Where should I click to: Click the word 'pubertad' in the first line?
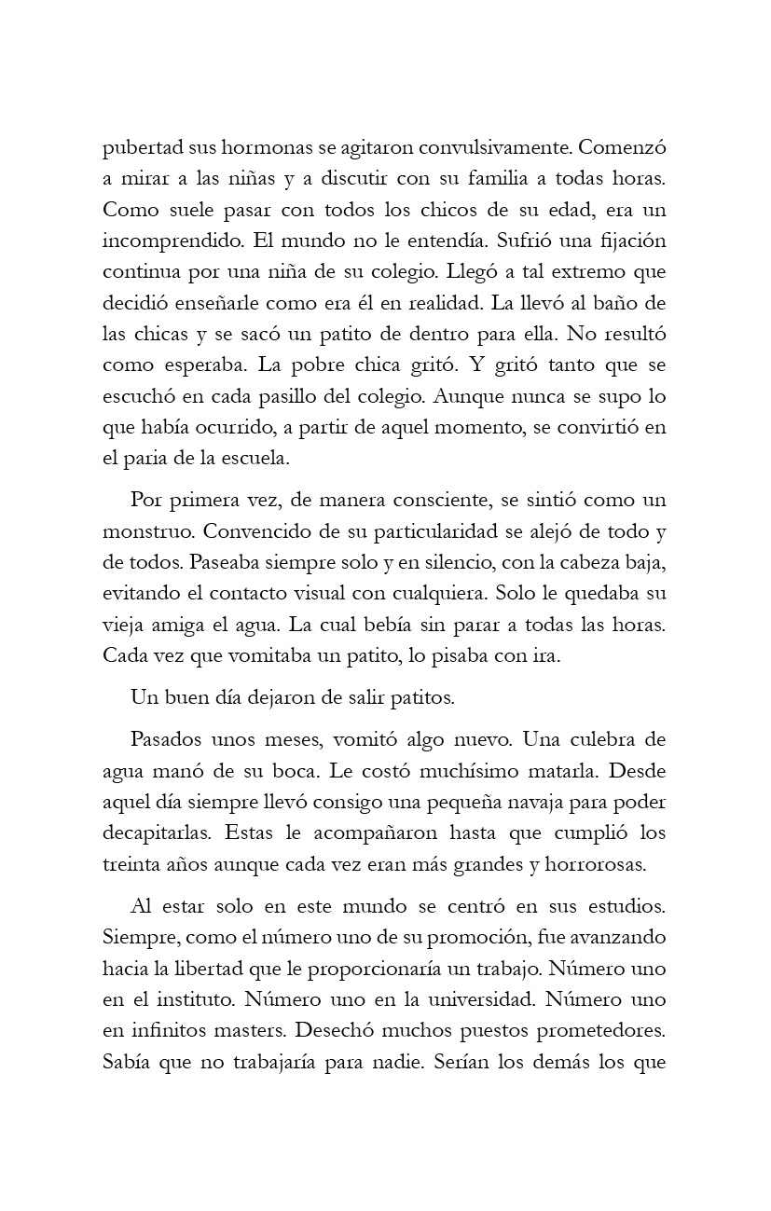tap(140, 150)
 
